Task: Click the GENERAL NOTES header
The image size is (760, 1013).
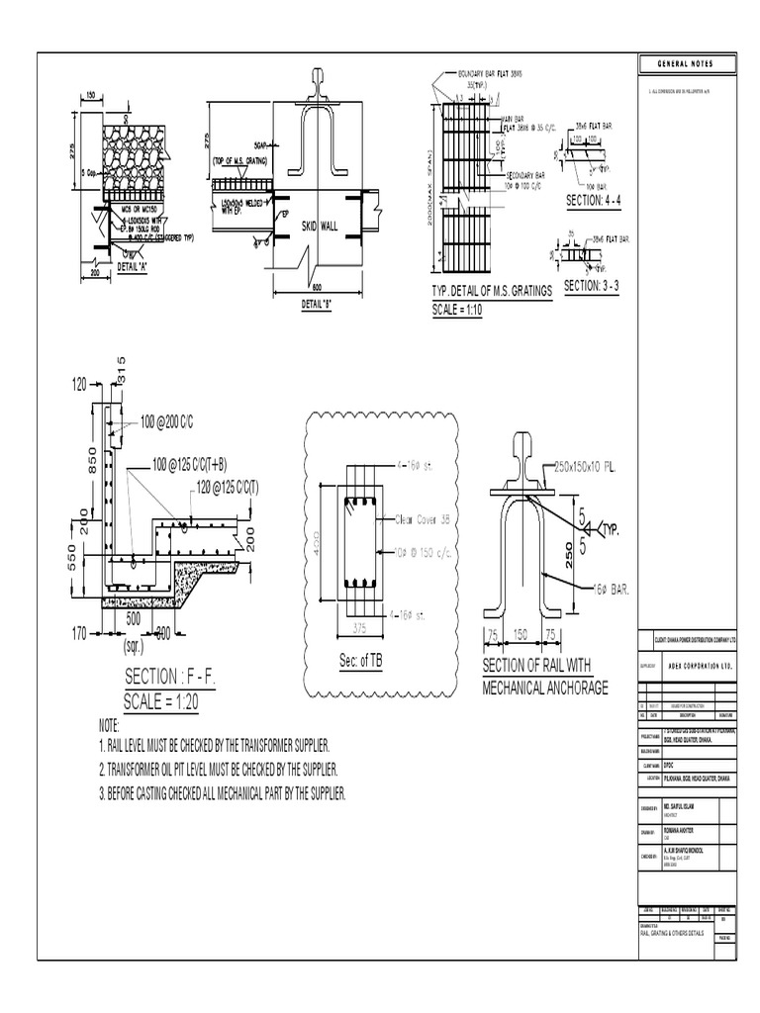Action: coord(684,65)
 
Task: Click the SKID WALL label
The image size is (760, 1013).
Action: coord(320,227)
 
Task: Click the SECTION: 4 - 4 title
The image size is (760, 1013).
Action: coord(599,201)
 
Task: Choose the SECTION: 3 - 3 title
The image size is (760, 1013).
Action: coord(597,286)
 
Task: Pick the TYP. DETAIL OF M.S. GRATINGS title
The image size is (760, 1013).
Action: coord(491,291)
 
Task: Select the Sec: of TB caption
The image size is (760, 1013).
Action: coord(360,662)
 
